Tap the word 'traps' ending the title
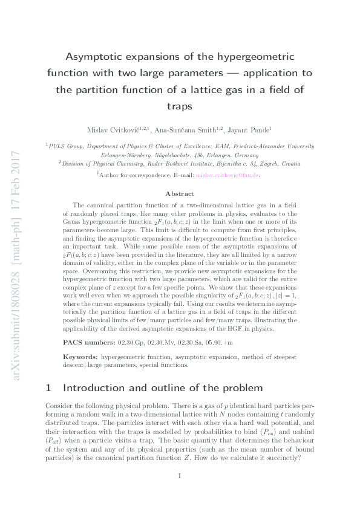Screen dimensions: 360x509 tap(180, 106)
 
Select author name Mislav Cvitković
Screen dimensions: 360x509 tap(110, 129)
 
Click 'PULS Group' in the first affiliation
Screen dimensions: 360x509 tap(67, 146)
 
